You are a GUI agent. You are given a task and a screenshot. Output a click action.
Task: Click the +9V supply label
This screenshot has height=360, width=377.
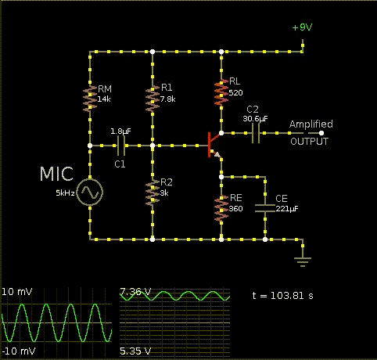coord(302,27)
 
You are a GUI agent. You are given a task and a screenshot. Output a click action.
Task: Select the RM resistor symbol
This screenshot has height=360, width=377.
coord(90,99)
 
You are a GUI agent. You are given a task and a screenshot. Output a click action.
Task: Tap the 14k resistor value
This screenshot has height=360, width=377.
coord(104,99)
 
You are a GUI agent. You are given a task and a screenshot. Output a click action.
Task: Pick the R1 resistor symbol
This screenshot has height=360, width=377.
coord(153,99)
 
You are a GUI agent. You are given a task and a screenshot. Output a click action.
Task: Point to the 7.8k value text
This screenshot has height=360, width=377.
coord(167,99)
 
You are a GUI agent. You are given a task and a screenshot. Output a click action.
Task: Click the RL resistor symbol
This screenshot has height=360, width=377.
coord(221,92)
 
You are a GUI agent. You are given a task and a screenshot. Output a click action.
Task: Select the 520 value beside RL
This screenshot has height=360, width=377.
coord(235,93)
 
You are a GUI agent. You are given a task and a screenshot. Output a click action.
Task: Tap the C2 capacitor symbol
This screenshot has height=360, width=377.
coord(256,133)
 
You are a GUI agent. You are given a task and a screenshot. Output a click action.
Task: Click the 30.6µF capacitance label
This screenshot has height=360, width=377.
coord(255,119)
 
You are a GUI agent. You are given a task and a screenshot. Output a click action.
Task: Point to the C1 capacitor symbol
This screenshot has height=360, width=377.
coord(120,146)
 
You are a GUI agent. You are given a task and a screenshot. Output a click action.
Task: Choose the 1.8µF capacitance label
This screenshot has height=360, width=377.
coord(120,131)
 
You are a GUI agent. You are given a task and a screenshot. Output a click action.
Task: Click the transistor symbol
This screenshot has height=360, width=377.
coord(215,145)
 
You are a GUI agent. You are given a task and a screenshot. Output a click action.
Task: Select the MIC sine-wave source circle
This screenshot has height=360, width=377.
coord(90,192)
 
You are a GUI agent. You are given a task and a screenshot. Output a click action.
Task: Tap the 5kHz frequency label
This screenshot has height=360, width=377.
coord(65,193)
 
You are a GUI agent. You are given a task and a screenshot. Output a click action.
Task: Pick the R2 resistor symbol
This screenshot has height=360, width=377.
coord(153,193)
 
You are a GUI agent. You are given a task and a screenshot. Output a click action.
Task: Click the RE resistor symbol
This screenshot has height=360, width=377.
coord(221,208)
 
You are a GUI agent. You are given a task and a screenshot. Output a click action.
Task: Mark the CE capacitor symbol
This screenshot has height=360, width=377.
coord(265,208)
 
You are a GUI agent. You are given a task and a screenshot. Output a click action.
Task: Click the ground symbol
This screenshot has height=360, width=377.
coord(303,261)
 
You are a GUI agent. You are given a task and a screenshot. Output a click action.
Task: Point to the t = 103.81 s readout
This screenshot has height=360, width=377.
coord(283,296)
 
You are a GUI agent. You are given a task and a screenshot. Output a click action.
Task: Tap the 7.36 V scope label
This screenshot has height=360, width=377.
coord(135,291)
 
